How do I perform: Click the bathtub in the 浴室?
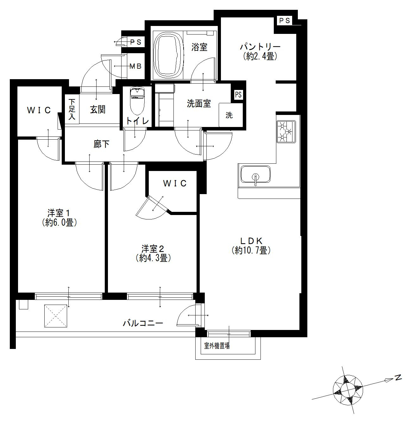click(168, 55)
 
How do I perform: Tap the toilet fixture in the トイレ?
click(137, 101)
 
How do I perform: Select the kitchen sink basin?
click(255, 174)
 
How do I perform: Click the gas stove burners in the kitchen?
click(286, 132)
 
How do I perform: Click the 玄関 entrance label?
click(98, 110)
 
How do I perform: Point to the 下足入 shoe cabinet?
click(72, 109)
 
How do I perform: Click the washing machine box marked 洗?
click(231, 115)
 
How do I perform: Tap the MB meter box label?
click(135, 66)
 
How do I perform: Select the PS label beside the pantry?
click(285, 21)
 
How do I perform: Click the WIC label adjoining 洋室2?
click(175, 183)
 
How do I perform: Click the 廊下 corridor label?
click(101, 144)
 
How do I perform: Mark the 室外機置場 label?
click(217, 345)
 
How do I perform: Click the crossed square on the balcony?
click(55, 316)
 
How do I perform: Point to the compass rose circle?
click(348, 390)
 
